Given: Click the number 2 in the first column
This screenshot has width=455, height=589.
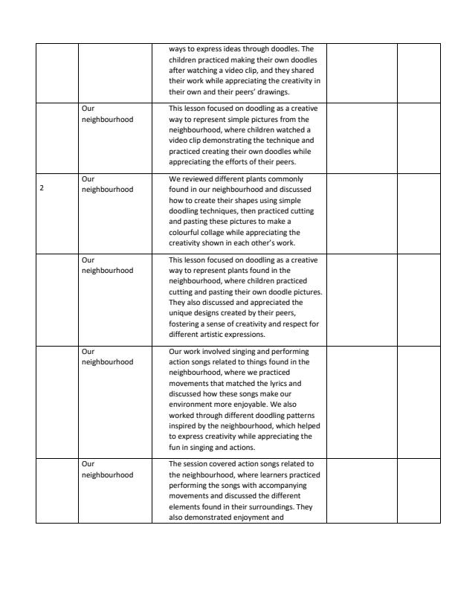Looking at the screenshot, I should click(42, 189).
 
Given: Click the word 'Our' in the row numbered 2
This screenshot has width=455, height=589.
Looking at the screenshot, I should click(88, 179).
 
